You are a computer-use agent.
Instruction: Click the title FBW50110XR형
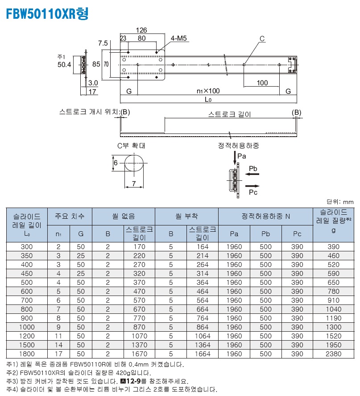tap(47, 14)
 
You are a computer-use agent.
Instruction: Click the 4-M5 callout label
tap(178, 38)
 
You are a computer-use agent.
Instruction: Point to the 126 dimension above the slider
tap(141, 30)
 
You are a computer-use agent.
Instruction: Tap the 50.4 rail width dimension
tap(64, 65)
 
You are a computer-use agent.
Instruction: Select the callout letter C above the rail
tap(262, 39)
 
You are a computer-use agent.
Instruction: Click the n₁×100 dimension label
tap(208, 91)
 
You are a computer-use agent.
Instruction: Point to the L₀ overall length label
tap(208, 99)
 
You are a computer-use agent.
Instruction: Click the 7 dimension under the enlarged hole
tap(134, 183)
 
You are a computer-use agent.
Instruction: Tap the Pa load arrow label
tap(242, 156)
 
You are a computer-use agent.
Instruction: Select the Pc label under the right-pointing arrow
tap(253, 192)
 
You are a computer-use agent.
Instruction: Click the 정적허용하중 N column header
tap(265, 217)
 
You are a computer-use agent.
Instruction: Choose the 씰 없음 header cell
tap(124, 216)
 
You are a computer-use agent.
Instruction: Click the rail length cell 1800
tap(27, 354)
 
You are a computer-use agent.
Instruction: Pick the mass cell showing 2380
tap(334, 354)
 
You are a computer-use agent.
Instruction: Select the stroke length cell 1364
tap(203, 345)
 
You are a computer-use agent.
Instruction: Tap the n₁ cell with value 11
tap(58, 336)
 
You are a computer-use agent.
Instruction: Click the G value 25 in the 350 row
tap(81, 255)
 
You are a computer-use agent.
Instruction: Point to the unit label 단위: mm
tap(340, 201)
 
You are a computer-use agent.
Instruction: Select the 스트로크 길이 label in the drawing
tap(230, 114)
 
